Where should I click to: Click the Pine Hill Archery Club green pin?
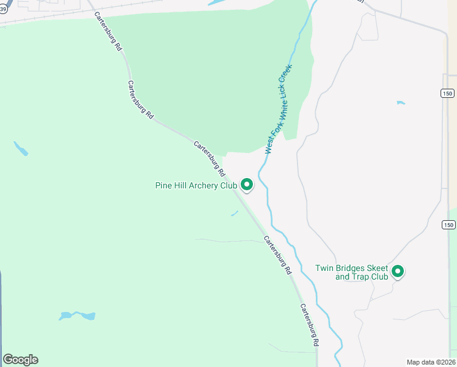pyautogui.click(x=247, y=183)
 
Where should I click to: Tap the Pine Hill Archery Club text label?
pyautogui.click(x=196, y=185)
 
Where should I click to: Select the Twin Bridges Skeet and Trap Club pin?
pyautogui.click(x=398, y=270)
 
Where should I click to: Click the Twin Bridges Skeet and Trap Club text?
pyautogui.click(x=353, y=272)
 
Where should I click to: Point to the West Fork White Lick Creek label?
pyautogui.click(x=279, y=109)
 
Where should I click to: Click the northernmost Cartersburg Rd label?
pyautogui.click(x=108, y=37)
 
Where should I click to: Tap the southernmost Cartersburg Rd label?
pyautogui.click(x=310, y=325)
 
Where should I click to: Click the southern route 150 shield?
pyautogui.click(x=449, y=225)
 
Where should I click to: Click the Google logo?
pyautogui.click(x=20, y=360)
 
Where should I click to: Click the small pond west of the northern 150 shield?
pyautogui.click(x=401, y=103)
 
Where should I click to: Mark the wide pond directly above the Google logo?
pyautogui.click(x=78, y=316)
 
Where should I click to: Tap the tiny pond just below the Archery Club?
pyautogui.click(x=234, y=213)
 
